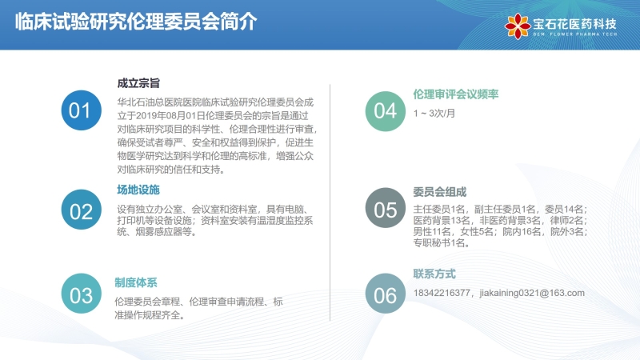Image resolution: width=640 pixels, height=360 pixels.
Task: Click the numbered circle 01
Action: coord(82,110)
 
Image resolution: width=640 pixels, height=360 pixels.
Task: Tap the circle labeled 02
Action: coord(82,210)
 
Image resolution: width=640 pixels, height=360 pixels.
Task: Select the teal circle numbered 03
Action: coord(82,294)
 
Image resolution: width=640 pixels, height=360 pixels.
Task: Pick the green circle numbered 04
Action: coord(386,111)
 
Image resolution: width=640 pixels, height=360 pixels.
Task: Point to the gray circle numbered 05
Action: coord(386,208)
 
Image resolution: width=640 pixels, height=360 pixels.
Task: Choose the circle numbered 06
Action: coord(386,294)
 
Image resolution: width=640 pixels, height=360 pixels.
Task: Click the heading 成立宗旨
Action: coord(138,83)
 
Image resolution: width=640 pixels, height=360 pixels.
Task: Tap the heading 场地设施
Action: coord(138,190)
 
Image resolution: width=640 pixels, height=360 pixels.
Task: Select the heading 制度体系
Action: coord(136,282)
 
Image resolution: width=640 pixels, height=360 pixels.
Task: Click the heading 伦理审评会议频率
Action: coord(455,94)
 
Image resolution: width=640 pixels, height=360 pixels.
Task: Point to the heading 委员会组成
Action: coord(439,192)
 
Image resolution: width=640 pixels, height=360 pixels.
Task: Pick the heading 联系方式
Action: coord(434,274)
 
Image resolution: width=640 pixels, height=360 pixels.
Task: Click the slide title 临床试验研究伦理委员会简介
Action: coord(136,22)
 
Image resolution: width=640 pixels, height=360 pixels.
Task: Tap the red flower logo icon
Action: coord(518,26)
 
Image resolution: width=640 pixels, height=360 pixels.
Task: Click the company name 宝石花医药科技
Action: coord(574,24)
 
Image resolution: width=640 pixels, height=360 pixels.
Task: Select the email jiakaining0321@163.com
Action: coord(532,293)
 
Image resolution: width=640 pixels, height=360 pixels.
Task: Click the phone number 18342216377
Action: coord(442,293)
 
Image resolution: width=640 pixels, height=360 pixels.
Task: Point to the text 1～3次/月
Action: coord(434,114)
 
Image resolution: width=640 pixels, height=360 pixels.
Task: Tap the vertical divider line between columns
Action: coord(330,203)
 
